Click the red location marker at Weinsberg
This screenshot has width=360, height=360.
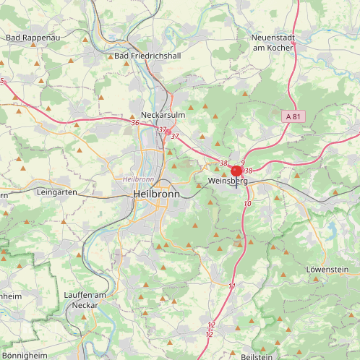coord(236,171)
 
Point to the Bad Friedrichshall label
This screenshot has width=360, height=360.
coord(147,56)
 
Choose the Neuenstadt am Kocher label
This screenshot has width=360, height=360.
coord(273,42)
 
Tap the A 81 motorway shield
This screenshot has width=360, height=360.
coord(292,116)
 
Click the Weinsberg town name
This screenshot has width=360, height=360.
coord(227,181)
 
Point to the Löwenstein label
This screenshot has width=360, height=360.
coord(327,269)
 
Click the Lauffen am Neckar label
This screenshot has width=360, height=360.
coord(85,300)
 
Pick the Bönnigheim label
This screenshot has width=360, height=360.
coord(22,356)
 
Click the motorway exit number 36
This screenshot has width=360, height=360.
coord(135,123)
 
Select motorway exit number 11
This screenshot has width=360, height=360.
coord(232,287)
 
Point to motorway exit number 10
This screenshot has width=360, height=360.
coord(247,205)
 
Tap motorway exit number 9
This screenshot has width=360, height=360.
coord(244,163)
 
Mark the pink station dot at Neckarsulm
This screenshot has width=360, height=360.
coord(168,132)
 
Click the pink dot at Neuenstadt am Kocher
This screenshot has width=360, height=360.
coord(293,43)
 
